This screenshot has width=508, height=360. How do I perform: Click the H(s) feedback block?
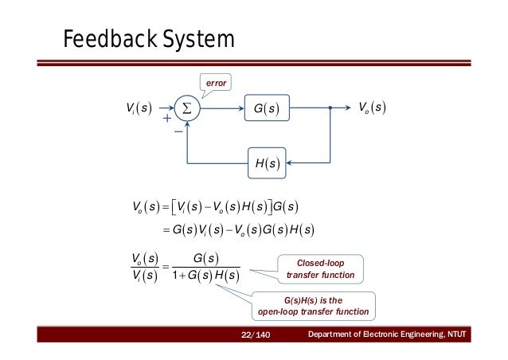tap(265, 162)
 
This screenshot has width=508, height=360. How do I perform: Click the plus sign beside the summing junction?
tap(166, 118)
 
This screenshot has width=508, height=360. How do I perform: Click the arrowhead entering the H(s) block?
tap(291, 162)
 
